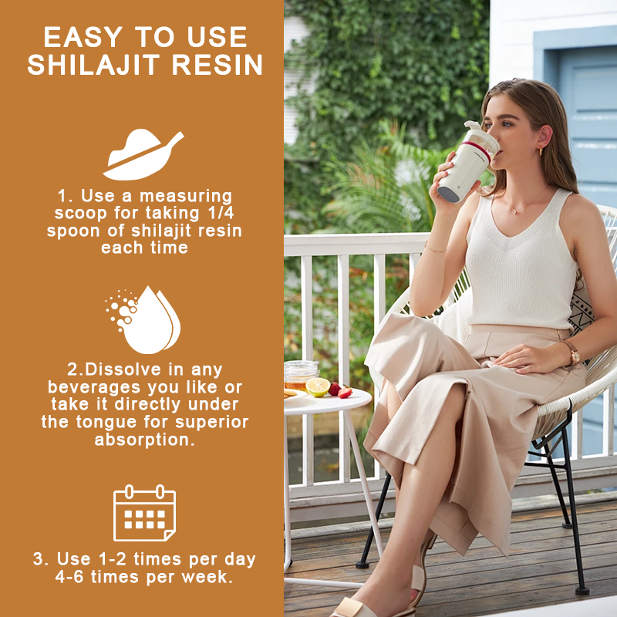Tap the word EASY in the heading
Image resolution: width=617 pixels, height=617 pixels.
coord(83,37)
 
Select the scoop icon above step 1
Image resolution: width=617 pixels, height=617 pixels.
coord(143,154)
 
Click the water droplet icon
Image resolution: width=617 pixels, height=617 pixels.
coord(143,319)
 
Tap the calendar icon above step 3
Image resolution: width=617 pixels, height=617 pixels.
coord(144,513)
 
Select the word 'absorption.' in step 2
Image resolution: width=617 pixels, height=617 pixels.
coord(145,440)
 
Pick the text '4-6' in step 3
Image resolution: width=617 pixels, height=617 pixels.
coord(69,577)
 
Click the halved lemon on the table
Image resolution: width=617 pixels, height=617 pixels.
coord(318,387)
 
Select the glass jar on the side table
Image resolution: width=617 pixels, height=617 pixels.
coord(300,376)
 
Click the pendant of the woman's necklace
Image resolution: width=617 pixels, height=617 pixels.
coord(514,211)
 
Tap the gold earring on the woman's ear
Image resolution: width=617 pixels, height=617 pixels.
coord(541,151)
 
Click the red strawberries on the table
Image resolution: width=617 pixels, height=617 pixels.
coord(340,390)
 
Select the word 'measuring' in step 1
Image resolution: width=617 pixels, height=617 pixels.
coord(186,196)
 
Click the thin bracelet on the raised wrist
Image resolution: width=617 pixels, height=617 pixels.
coord(434,248)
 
